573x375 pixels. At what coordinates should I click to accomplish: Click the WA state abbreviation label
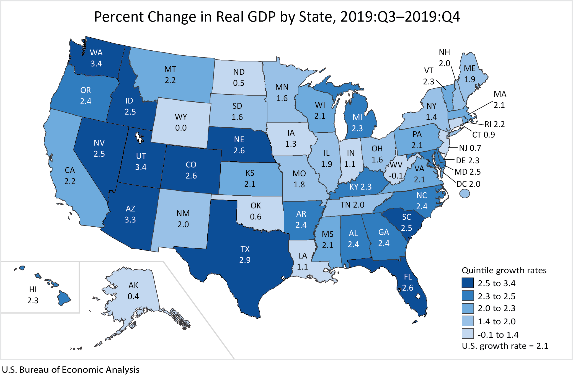click(96, 53)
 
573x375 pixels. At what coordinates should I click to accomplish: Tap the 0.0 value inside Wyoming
click(181, 128)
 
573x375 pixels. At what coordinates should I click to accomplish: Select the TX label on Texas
click(245, 249)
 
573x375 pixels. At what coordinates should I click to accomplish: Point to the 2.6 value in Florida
click(407, 288)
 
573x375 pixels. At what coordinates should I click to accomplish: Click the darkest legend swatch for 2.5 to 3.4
click(468, 283)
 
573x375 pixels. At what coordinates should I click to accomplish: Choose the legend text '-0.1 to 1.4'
click(498, 335)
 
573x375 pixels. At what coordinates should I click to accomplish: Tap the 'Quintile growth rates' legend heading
click(504, 270)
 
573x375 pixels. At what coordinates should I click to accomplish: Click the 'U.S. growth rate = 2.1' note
click(505, 346)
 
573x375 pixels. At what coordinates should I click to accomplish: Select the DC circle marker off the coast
click(464, 193)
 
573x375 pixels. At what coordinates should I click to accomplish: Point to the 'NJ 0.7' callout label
click(470, 148)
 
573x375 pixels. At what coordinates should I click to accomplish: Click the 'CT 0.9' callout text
click(483, 135)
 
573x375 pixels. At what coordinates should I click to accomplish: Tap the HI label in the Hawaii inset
click(33, 289)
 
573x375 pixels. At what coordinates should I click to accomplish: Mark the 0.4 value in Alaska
click(133, 296)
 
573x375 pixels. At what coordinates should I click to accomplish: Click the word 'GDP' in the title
click(262, 17)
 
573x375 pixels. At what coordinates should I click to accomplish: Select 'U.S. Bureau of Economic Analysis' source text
click(71, 369)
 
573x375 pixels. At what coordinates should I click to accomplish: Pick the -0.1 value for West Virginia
click(396, 176)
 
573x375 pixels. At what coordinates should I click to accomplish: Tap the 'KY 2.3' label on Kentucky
click(360, 187)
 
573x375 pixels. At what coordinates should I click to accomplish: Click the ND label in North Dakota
click(239, 72)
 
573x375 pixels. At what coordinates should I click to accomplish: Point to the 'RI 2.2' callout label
click(494, 124)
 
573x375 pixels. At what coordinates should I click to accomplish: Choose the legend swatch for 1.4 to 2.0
click(468, 321)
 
